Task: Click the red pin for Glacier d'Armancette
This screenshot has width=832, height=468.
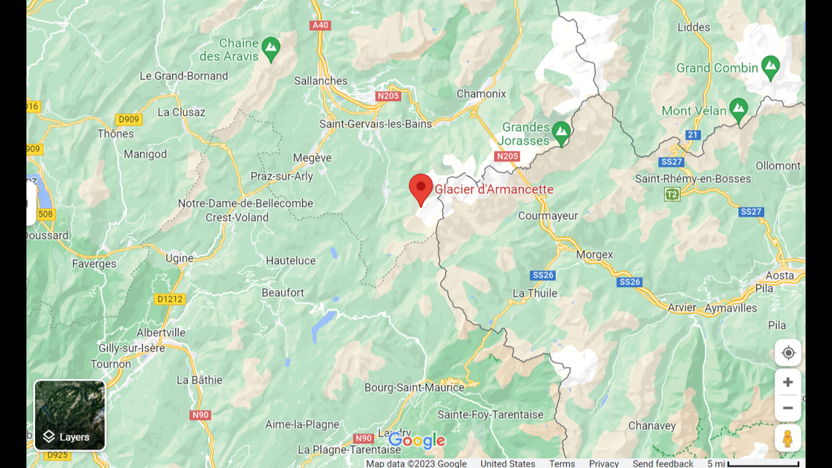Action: coord(420,188)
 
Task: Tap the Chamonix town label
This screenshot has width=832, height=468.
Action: coord(481,93)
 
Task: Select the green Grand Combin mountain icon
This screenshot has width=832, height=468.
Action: coord(770,68)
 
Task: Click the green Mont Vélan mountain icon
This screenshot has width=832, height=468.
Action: coord(738,110)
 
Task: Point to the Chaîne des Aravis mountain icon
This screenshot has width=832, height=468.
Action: coord(271,49)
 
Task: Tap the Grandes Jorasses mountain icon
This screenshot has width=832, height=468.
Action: coord(561,133)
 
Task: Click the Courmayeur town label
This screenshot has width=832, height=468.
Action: coord(547,215)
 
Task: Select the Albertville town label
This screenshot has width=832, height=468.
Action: coord(161,332)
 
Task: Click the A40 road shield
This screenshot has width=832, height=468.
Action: coord(320,25)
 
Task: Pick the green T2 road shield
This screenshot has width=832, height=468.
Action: coord(671,194)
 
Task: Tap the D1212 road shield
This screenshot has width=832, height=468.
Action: coord(170,299)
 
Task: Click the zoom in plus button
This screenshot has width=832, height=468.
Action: coord(787,382)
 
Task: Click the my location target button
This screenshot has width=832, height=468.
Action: coord(787,353)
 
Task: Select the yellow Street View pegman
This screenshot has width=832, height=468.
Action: coord(787,438)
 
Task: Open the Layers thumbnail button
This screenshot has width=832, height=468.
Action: coord(70,415)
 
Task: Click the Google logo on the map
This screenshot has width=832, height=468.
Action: coord(416,440)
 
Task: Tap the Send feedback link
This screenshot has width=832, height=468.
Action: coord(663,464)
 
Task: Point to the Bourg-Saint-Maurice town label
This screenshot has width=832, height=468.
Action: coord(414,387)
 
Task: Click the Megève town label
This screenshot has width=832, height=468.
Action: coord(312,158)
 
